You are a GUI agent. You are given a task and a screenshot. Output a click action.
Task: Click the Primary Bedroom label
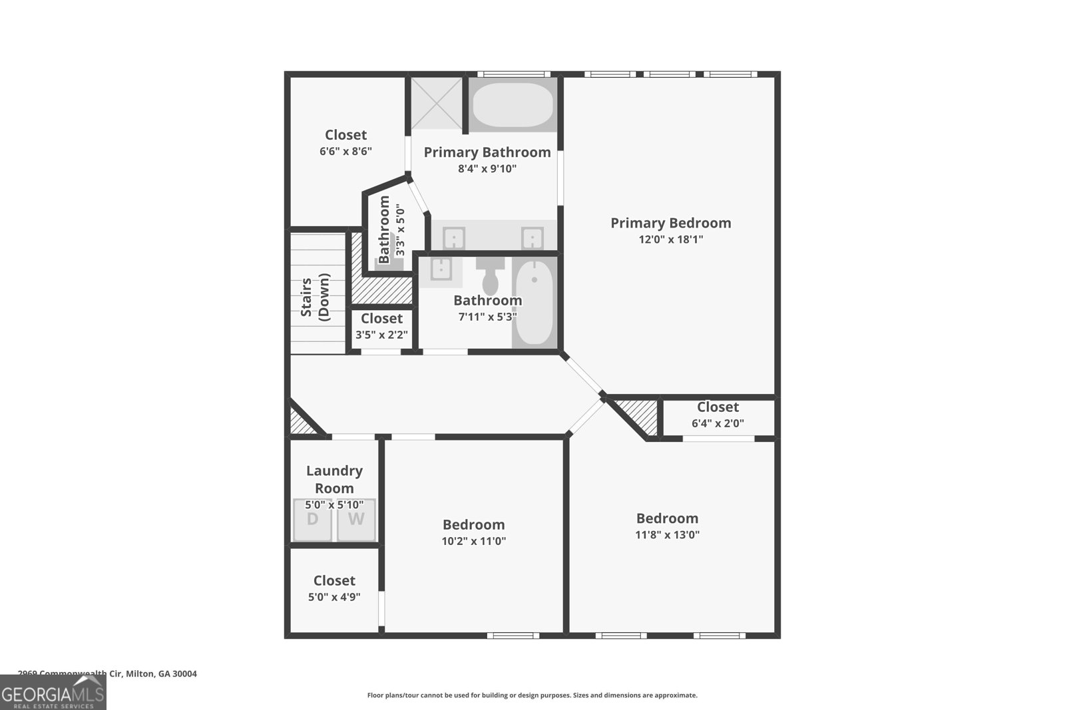pyautogui.click(x=670, y=223)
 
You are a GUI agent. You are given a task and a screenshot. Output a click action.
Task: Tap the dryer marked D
pyautogui.click(x=313, y=520)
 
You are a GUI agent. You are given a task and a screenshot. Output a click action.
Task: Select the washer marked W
pyautogui.click(x=356, y=520)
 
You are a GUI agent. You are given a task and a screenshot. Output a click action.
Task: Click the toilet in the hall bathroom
pyautogui.click(x=491, y=278)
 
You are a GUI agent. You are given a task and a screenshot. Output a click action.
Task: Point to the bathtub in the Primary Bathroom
pyautogui.click(x=513, y=104)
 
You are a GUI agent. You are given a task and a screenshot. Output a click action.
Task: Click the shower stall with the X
pyautogui.click(x=436, y=103)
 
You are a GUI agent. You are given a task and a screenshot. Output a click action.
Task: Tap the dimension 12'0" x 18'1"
pyautogui.click(x=670, y=240)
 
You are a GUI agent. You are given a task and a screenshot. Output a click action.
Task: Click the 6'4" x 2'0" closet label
pyautogui.click(x=718, y=407)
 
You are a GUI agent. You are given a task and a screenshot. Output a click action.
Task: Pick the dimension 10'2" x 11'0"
pyautogui.click(x=473, y=541)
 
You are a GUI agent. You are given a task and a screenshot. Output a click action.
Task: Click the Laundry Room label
pyautogui.click(x=334, y=479)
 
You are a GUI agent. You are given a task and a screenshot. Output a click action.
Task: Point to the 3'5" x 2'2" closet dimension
pyautogui.click(x=381, y=335)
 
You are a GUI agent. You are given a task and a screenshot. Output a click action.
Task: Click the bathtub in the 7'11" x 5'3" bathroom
pyautogui.click(x=534, y=303)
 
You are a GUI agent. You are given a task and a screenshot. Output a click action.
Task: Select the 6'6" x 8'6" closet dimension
pyautogui.click(x=345, y=151)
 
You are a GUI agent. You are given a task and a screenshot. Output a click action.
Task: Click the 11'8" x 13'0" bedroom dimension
pyautogui.click(x=667, y=534)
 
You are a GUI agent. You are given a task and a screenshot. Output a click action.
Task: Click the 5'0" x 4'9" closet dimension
pyautogui.click(x=334, y=597)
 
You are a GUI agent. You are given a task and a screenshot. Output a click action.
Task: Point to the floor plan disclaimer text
pyautogui.click(x=532, y=695)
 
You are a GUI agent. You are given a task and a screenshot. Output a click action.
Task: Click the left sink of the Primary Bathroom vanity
pyautogui.click(x=454, y=238)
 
